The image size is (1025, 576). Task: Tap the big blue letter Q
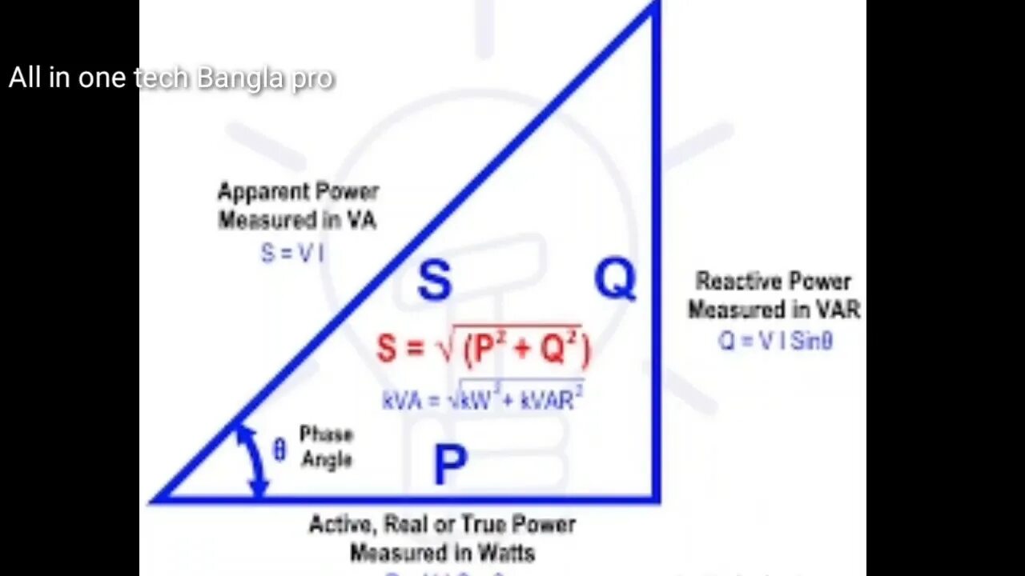point(615,279)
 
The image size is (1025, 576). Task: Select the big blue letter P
point(450,465)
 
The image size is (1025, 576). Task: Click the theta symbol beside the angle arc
point(279,450)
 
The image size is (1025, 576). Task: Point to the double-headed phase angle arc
point(254,461)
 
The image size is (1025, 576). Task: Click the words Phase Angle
point(326,446)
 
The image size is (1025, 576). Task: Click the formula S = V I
point(292,253)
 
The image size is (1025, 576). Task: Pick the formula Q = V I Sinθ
point(774,341)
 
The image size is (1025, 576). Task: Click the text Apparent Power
point(298,192)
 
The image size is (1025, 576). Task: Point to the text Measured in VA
point(297,220)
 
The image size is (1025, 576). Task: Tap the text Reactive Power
point(774,282)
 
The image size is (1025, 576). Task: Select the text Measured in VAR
point(774,310)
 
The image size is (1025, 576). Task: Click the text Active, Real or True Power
point(442,525)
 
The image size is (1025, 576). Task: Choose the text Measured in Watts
point(442,552)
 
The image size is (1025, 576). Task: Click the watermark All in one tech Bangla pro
point(171,78)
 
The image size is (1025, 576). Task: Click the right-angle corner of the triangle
point(656,499)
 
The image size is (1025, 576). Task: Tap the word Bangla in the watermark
point(239,78)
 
